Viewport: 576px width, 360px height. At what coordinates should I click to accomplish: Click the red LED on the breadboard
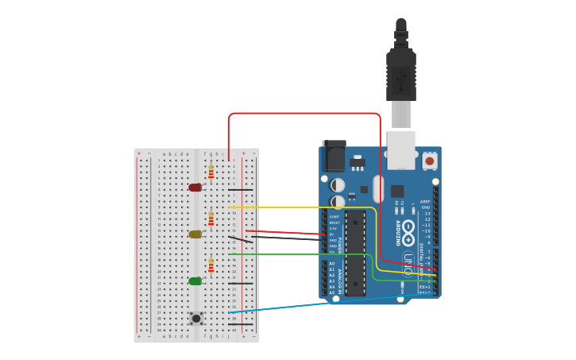(x=195, y=188)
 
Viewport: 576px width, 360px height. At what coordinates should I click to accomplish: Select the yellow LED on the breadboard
(x=195, y=234)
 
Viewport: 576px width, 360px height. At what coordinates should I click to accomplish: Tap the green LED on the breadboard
(x=195, y=281)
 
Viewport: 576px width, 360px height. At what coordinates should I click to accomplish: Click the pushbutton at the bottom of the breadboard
(x=196, y=318)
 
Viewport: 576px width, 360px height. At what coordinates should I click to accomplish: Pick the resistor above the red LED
(x=211, y=172)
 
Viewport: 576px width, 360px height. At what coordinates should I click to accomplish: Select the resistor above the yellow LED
(x=211, y=219)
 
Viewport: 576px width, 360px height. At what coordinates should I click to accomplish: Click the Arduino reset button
(x=430, y=161)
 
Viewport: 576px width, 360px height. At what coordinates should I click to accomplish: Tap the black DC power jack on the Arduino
(x=334, y=157)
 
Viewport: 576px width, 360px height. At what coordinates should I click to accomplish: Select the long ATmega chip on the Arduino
(x=355, y=253)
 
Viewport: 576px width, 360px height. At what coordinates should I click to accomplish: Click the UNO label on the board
(x=408, y=260)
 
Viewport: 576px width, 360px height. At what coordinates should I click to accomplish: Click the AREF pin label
(x=426, y=202)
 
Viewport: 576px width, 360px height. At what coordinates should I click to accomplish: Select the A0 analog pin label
(x=332, y=263)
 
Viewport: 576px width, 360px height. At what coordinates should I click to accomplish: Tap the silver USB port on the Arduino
(x=401, y=151)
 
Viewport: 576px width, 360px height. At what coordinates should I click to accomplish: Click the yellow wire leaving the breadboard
(x=302, y=207)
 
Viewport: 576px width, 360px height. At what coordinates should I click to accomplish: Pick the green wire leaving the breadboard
(x=302, y=254)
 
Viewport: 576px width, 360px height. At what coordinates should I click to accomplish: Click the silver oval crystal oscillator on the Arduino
(x=378, y=189)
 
